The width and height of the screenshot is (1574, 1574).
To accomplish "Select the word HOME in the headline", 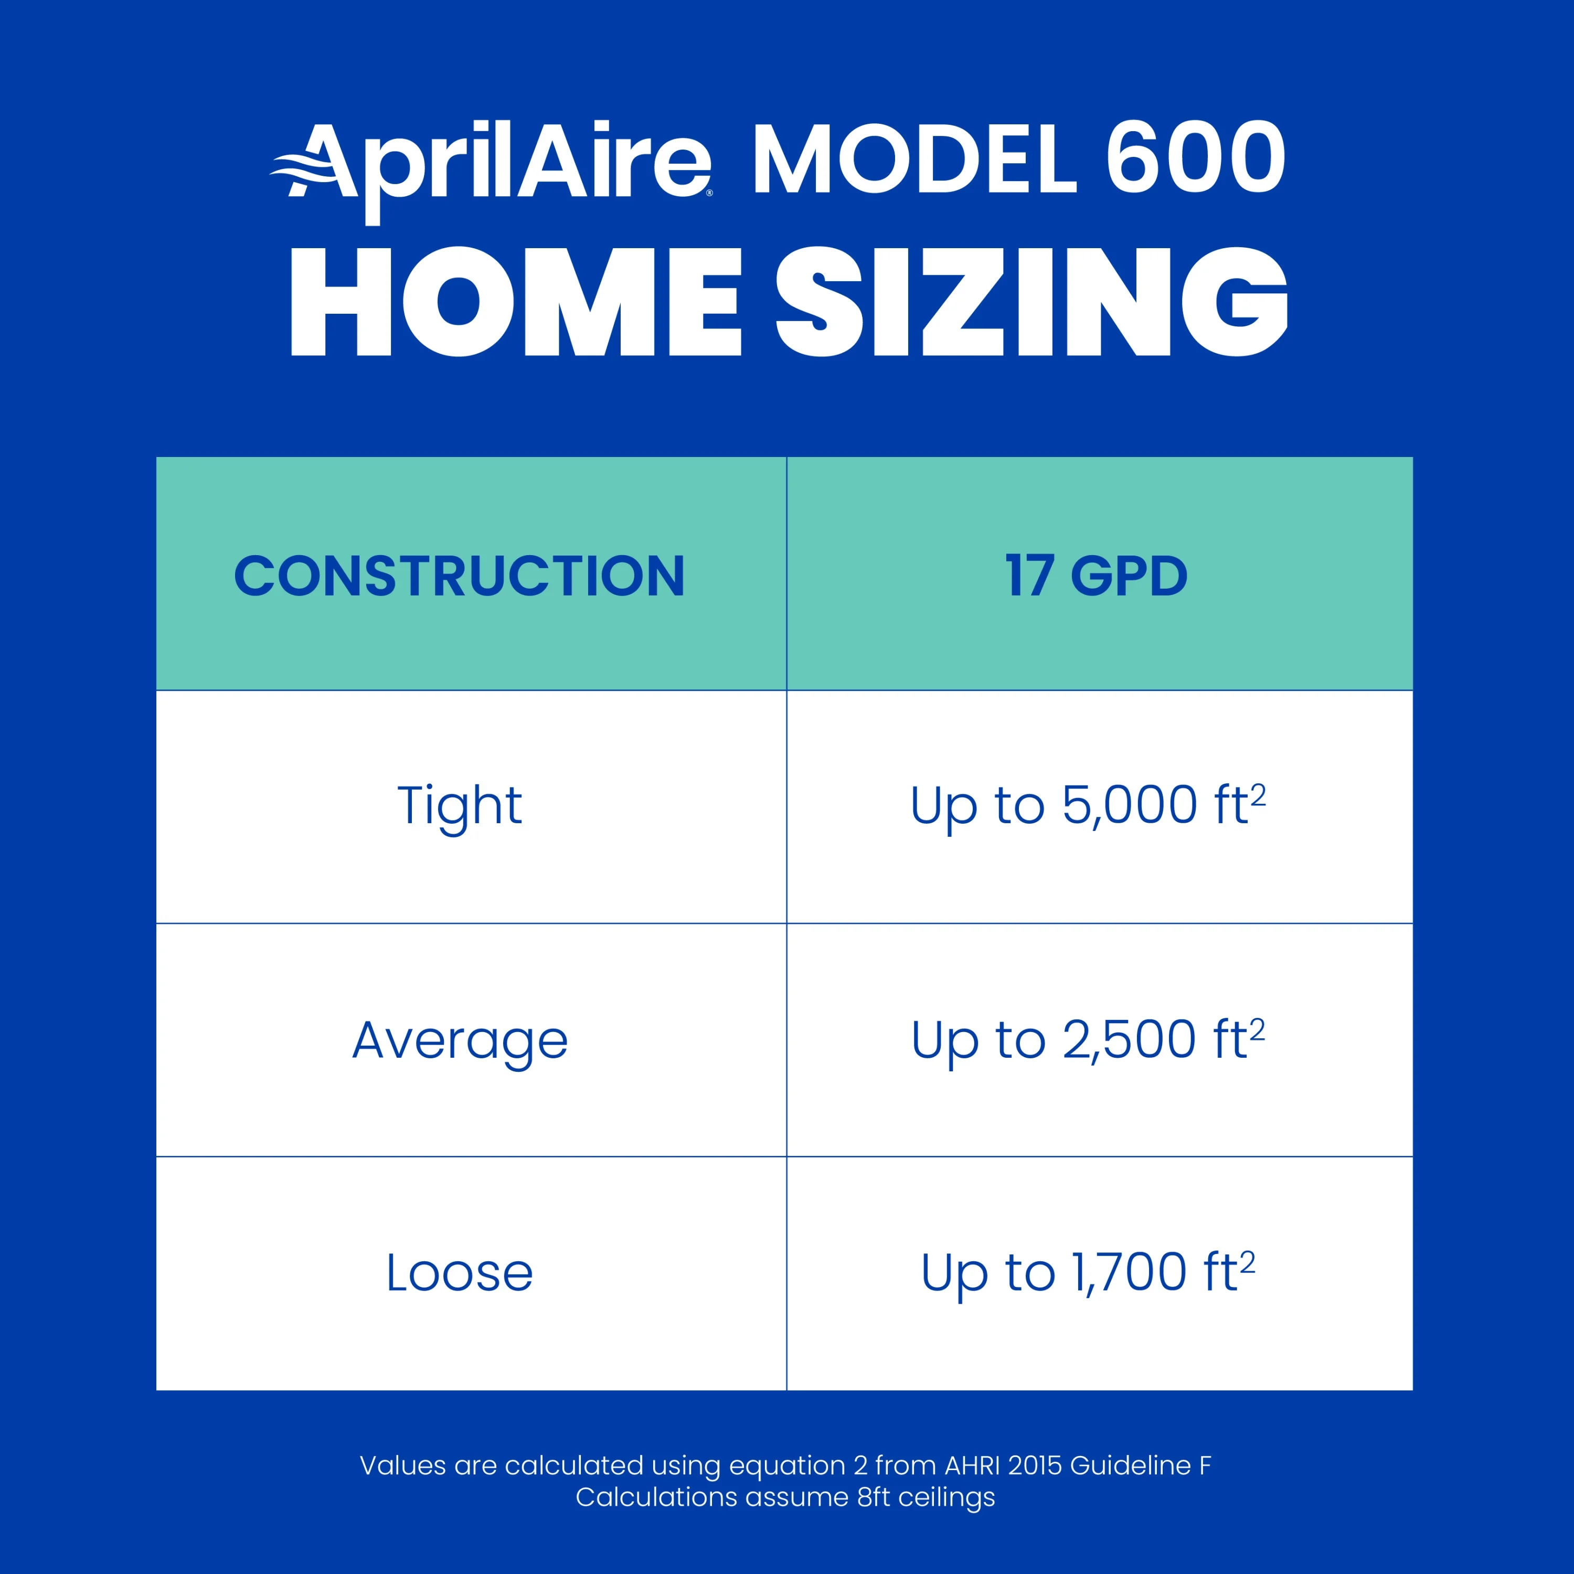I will (x=515, y=303).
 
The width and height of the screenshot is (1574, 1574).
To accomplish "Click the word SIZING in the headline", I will (x=1030, y=303).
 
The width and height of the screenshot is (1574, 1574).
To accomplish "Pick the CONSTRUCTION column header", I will (x=460, y=576).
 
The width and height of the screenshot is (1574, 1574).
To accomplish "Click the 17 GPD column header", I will (x=1096, y=576).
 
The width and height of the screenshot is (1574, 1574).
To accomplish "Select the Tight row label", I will (x=460, y=806).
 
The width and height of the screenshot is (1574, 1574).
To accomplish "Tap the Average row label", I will (x=460, y=1040).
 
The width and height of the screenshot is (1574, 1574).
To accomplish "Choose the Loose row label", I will (x=460, y=1272).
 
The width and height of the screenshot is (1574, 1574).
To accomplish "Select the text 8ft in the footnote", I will (x=874, y=1497).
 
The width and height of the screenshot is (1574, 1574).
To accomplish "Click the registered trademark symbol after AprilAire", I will (x=709, y=193).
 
